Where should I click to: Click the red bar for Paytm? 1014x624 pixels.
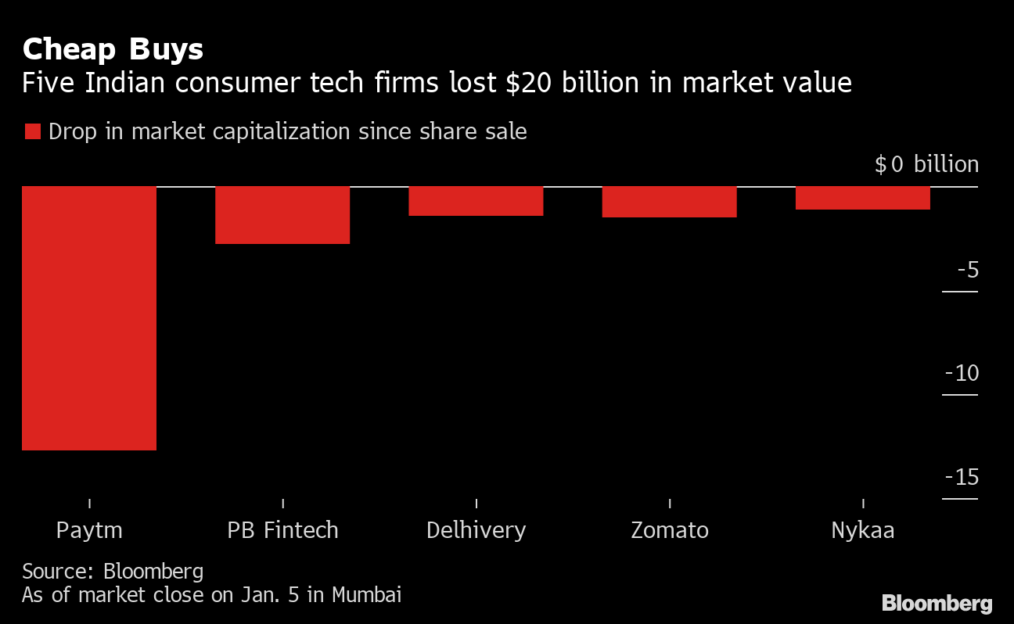pos(89,317)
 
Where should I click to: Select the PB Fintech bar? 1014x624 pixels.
pos(282,215)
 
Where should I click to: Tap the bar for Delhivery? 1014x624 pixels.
pos(476,201)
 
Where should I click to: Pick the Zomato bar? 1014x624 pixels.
pos(669,202)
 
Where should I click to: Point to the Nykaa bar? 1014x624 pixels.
pos(862,198)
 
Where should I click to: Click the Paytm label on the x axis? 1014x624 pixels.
pos(89,530)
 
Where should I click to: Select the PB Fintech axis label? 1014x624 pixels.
pos(282,530)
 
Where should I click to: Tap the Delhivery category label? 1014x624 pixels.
pos(476,530)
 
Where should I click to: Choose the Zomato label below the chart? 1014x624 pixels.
pos(669,530)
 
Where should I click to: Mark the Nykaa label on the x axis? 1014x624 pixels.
pos(862,530)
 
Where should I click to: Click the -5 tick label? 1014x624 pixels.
pos(967,271)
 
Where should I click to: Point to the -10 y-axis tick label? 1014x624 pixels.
pos(962,373)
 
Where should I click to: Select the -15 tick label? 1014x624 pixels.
pos(962,477)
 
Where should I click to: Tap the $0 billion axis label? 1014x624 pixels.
pos(926,164)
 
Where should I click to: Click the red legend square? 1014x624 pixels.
pos(32,131)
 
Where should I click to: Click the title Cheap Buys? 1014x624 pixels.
pos(113,50)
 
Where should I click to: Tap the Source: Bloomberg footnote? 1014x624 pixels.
pos(113,571)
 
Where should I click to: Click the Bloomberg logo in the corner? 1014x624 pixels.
pos(937,603)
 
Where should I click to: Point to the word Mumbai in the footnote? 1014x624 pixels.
pos(366,594)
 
